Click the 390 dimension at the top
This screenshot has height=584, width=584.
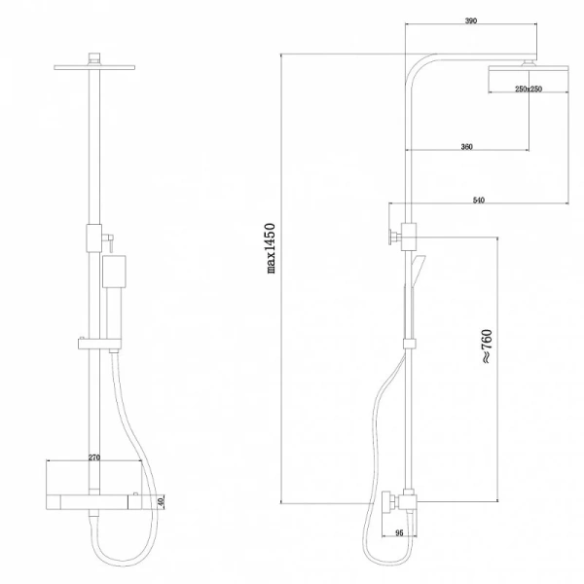[470, 19]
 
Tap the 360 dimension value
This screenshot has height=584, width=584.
[466, 146]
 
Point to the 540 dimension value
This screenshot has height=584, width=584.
[478, 200]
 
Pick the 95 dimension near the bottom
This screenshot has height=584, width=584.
[399, 532]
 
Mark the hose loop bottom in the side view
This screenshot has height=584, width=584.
[380, 562]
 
